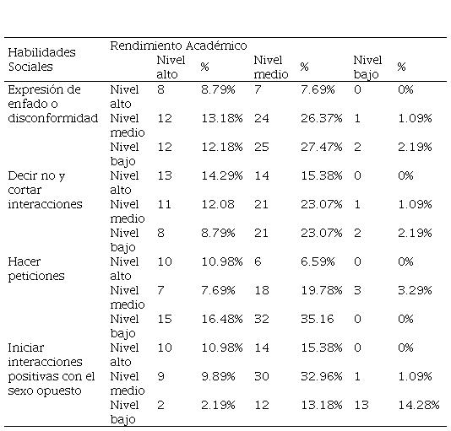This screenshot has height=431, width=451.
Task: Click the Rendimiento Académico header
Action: point(178,46)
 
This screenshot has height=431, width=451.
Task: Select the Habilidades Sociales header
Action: point(41,60)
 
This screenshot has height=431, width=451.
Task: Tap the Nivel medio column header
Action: point(271,67)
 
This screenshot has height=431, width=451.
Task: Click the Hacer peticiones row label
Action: point(36,269)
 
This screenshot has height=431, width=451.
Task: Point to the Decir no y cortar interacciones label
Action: point(45,190)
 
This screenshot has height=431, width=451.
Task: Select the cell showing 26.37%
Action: point(322,118)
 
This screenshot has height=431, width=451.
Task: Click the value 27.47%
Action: point(322,147)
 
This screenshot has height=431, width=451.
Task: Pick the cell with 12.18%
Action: point(222,147)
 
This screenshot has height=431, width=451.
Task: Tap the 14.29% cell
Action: point(222,175)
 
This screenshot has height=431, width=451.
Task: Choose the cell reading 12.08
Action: point(218,204)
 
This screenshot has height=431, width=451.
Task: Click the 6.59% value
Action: point(318,261)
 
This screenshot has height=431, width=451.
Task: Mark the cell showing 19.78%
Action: point(322,290)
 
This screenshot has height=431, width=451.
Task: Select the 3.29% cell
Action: point(415,290)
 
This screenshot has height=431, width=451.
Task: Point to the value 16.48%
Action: point(222,319)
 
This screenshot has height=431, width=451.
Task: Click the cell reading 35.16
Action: point(318,319)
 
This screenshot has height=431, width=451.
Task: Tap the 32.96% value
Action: point(322,376)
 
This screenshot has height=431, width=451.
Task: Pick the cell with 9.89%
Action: point(218,376)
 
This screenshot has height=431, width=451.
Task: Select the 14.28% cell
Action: point(419,405)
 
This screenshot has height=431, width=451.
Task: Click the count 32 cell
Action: point(262,319)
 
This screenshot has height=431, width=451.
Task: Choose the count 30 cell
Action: point(262,376)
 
